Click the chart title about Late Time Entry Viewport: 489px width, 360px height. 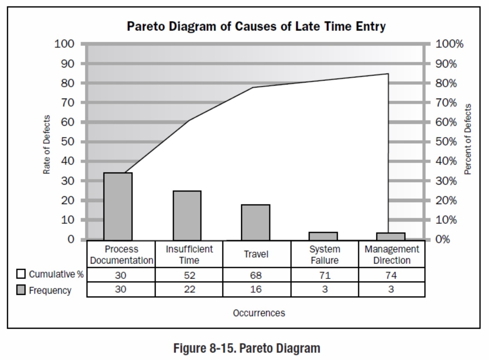[x=256, y=26]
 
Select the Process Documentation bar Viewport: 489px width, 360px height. [x=118, y=206]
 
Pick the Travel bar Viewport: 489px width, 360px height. [x=255, y=222]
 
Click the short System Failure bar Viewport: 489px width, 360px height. [x=323, y=236]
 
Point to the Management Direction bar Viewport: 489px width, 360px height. [x=391, y=236]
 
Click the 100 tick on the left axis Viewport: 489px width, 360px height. [x=64, y=44]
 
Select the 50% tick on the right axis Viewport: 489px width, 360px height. [x=446, y=142]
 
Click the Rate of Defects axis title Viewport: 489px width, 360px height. [x=47, y=144]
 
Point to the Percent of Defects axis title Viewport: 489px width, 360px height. [x=468, y=139]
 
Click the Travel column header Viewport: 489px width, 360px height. [x=256, y=254]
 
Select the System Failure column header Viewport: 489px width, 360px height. [x=325, y=254]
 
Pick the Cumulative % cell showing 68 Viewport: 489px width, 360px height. [x=256, y=275]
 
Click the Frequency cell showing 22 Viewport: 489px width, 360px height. [x=189, y=289]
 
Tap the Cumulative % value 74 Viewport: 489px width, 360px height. [x=391, y=275]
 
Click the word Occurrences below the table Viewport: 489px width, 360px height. [x=259, y=313]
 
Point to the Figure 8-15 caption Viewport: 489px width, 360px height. [x=247, y=347]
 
